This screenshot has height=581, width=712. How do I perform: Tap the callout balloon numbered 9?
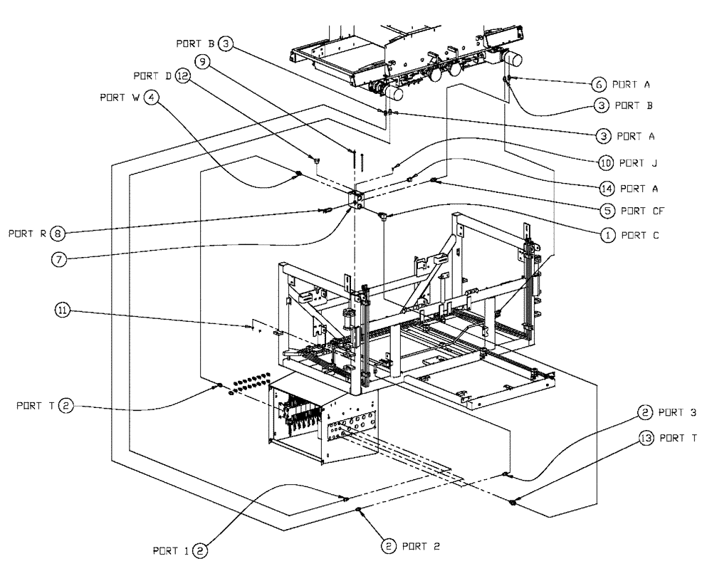[202, 63]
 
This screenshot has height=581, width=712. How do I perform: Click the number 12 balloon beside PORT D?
[184, 76]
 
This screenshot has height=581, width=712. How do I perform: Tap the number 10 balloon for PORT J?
[606, 163]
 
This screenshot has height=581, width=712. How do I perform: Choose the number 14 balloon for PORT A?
[606, 189]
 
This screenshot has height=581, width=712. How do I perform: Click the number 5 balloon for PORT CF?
[606, 211]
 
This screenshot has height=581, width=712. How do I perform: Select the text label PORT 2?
[421, 546]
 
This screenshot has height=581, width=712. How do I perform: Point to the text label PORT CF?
[643, 211]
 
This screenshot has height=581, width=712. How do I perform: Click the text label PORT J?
[639, 163]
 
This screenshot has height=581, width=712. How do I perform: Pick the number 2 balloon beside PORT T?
[66, 406]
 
